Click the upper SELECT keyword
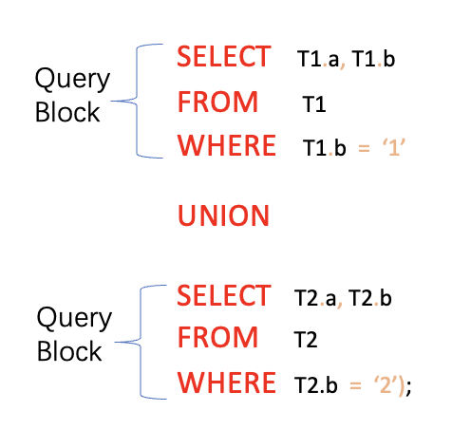click(224, 57)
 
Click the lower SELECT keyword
click(224, 295)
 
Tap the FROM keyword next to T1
click(217, 102)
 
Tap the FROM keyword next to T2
click(217, 337)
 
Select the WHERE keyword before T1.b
click(226, 147)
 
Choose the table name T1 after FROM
click(314, 104)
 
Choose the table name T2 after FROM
click(310, 339)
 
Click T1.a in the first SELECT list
click(318, 60)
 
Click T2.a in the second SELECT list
click(316, 299)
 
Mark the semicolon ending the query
click(409, 386)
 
